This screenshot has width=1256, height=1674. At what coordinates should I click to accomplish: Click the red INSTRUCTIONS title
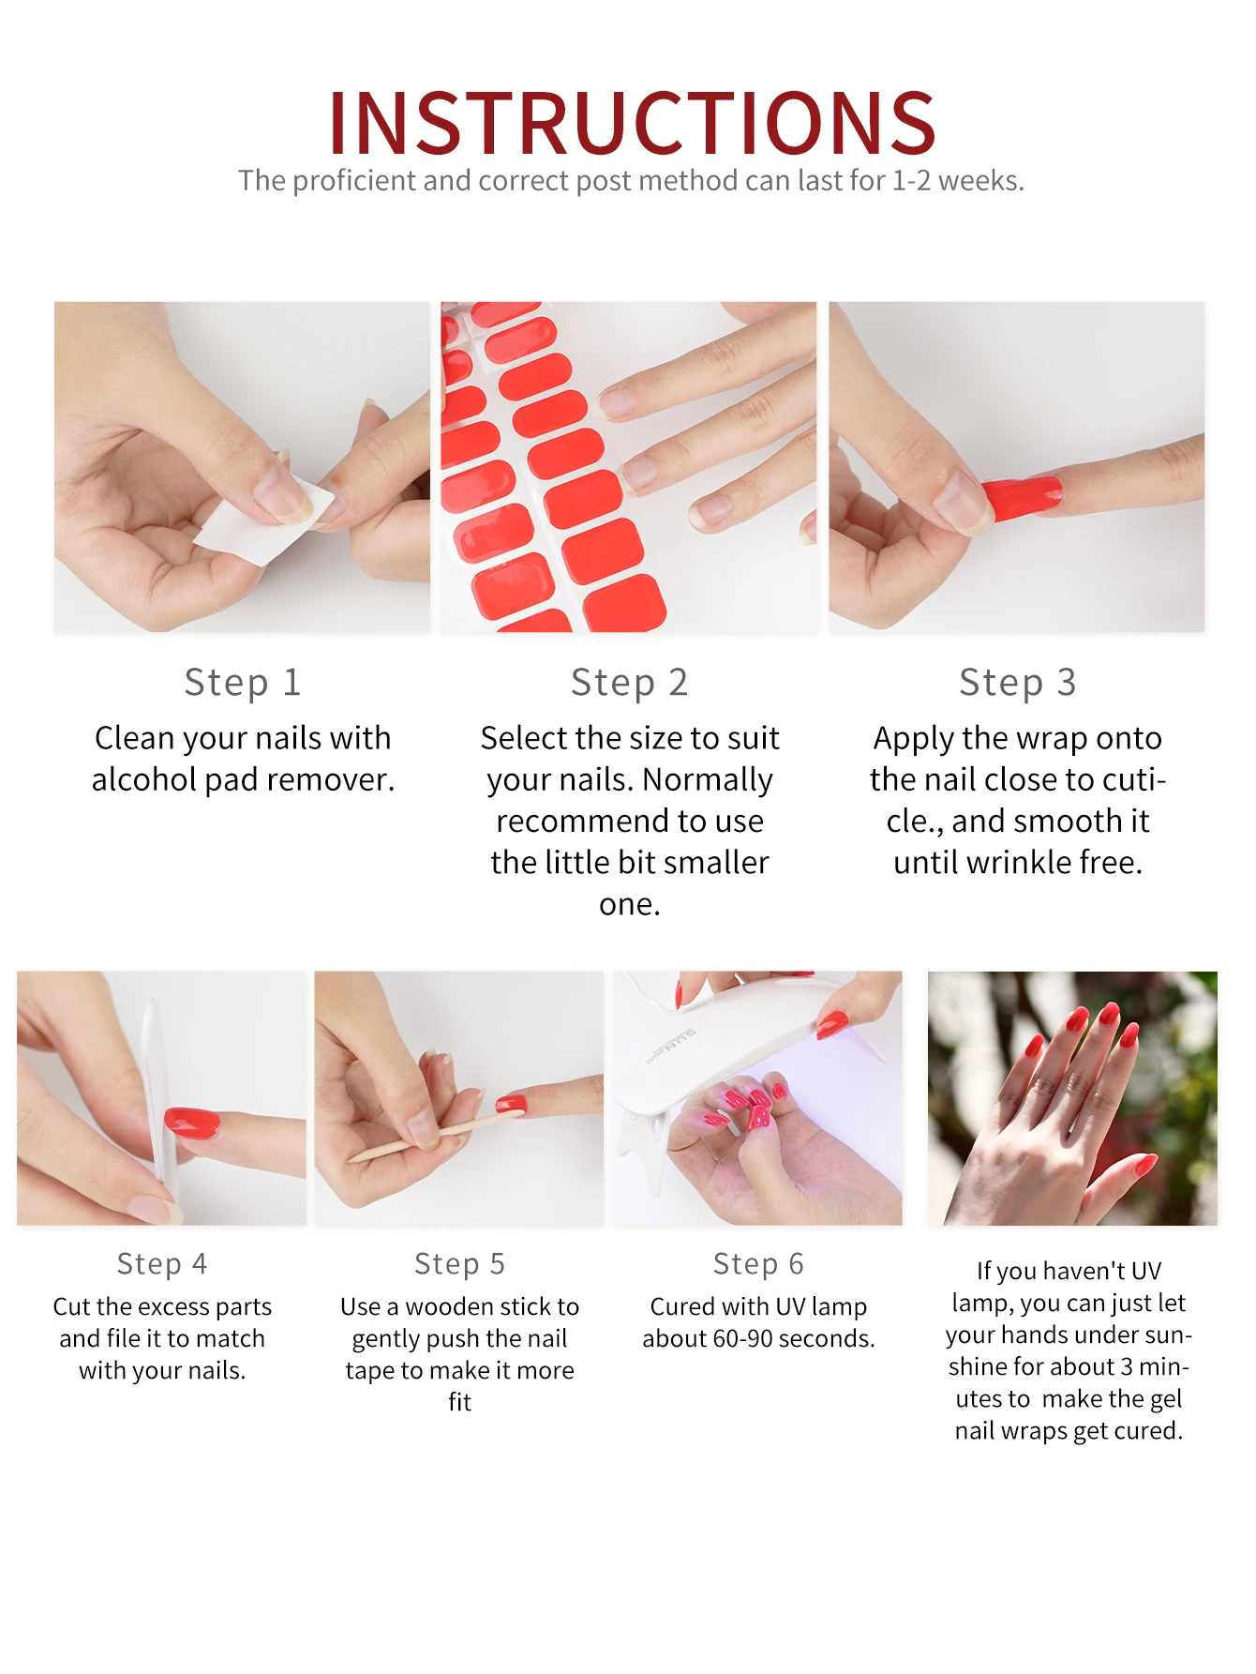click(x=632, y=123)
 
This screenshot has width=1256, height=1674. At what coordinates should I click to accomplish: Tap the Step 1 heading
click(x=243, y=683)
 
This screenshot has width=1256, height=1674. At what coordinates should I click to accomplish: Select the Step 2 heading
click(x=630, y=683)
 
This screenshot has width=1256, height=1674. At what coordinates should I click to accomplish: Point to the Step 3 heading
click(x=1018, y=683)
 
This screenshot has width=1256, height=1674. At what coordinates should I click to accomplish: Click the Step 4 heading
click(x=162, y=1264)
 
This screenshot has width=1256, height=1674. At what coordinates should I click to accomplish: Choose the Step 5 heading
click(x=459, y=1264)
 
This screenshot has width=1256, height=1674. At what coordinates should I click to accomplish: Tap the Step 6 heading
click(x=758, y=1264)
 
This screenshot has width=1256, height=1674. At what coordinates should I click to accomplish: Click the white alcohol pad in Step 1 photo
click(x=263, y=521)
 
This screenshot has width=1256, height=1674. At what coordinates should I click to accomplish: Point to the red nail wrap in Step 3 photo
click(x=1023, y=496)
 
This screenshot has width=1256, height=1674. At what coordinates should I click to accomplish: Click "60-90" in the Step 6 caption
click(x=743, y=1338)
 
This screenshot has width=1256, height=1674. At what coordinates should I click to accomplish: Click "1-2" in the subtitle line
click(x=911, y=180)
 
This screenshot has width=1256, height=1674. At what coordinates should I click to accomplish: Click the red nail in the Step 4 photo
click(x=191, y=1123)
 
